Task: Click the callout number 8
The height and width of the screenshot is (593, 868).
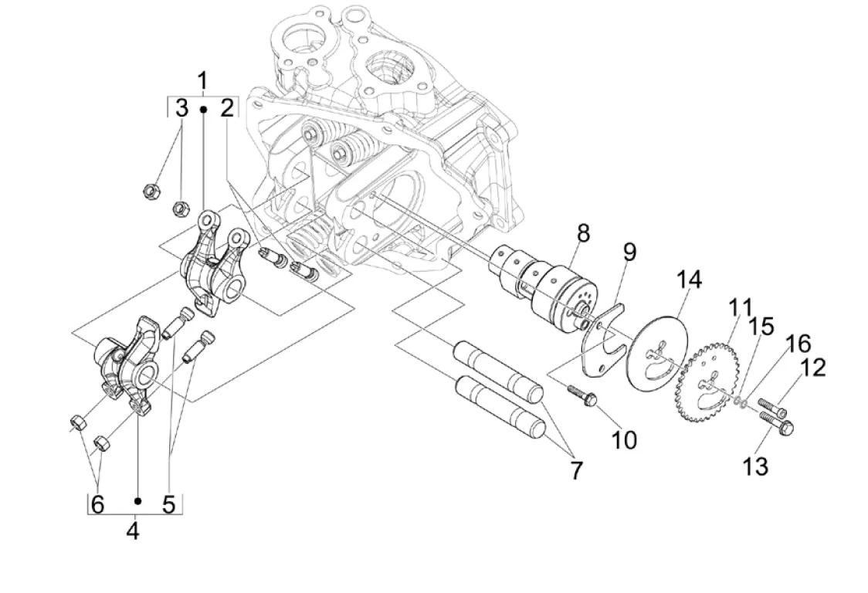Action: click(x=583, y=234)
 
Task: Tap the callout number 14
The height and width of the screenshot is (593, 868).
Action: click(x=687, y=281)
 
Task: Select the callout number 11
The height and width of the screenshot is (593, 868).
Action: click(x=741, y=309)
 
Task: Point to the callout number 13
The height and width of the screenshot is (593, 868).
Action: click(x=755, y=466)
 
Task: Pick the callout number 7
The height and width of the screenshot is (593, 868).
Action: click(x=576, y=471)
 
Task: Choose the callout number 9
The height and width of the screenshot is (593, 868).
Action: click(x=629, y=252)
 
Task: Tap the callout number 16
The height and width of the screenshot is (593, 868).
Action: click(x=797, y=344)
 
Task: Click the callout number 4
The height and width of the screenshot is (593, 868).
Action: click(x=133, y=531)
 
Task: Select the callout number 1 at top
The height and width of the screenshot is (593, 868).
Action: click(x=202, y=81)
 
